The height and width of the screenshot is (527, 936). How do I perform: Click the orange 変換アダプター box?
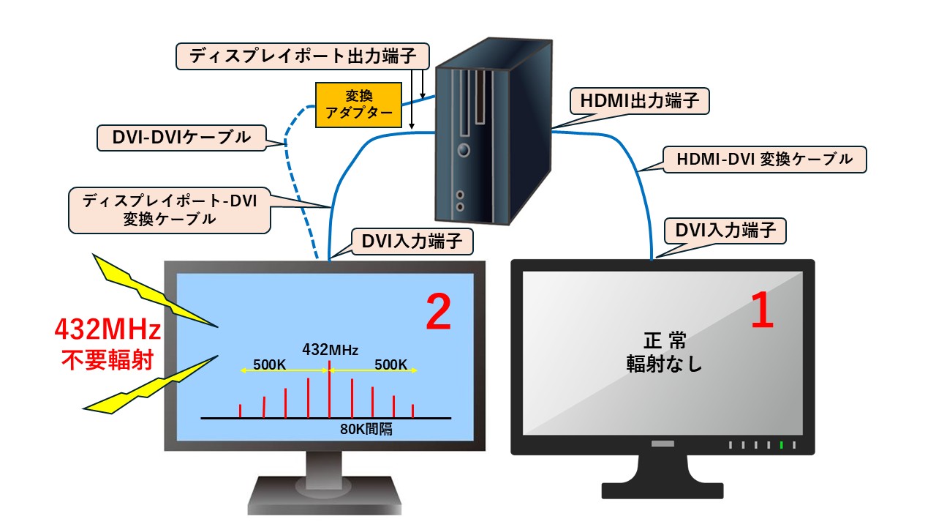tap(358, 105)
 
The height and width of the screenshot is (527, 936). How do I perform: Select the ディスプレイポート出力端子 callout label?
tap(303, 56)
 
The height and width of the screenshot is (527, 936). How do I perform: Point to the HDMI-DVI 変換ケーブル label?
tap(763, 160)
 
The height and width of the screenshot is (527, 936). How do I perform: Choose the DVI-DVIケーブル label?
tap(183, 137)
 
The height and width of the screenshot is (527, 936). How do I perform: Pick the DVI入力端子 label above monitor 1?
tap(724, 231)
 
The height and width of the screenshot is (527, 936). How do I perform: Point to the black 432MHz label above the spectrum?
tap(330, 349)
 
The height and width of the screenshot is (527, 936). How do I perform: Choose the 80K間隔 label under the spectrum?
tap(366, 430)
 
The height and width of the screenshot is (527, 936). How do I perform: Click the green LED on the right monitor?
tap(781, 445)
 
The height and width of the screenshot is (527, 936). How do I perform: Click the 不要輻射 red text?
tap(107, 361)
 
